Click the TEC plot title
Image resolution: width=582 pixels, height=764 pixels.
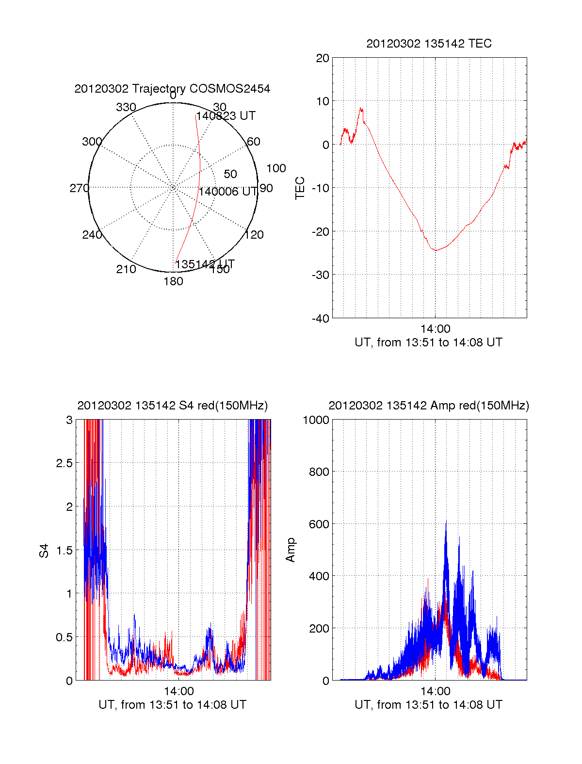pyautogui.click(x=429, y=44)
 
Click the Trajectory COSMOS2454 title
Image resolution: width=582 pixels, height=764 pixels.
pyautogui.click(x=172, y=89)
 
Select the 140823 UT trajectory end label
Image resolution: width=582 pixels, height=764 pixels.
pyautogui.click(x=226, y=116)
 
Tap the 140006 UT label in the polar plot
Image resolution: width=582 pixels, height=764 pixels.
pyautogui.click(x=227, y=192)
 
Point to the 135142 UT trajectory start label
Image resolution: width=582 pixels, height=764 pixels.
pyautogui.click(x=205, y=264)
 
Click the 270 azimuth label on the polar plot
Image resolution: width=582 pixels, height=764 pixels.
pyautogui.click(x=79, y=188)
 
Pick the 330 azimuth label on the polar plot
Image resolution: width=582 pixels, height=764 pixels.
pyautogui.click(x=126, y=107)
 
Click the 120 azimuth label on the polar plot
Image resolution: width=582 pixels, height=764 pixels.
pyautogui.click(x=254, y=235)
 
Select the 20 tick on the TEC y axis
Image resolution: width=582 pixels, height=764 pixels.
pyautogui.click(x=323, y=58)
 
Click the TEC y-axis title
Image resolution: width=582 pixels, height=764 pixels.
pyautogui.click(x=300, y=188)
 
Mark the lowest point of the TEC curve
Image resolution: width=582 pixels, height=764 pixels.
pyautogui.click(x=436, y=250)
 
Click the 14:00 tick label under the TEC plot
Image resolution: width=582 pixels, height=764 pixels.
pyautogui.click(x=435, y=329)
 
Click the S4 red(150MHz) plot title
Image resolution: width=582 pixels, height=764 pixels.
pyautogui.click(x=172, y=406)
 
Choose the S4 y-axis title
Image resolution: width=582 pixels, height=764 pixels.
pyautogui.click(x=44, y=551)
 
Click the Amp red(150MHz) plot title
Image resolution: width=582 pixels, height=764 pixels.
pyautogui.click(x=429, y=406)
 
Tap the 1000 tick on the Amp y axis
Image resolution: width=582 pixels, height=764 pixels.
pyautogui.click(x=316, y=420)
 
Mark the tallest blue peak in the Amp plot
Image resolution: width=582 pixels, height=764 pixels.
pyautogui.click(x=446, y=521)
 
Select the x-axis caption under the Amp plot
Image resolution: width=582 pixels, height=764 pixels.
pyautogui.click(x=429, y=705)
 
